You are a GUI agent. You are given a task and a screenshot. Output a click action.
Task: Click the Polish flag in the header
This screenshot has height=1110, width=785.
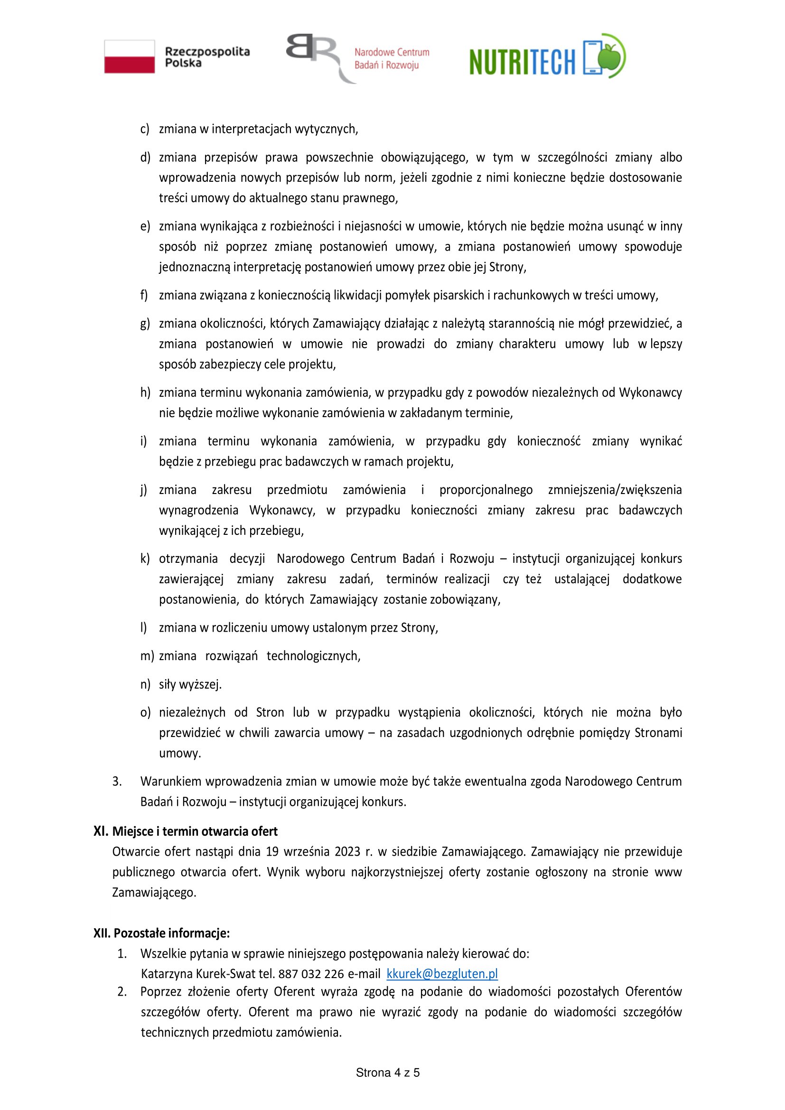coord(130,56)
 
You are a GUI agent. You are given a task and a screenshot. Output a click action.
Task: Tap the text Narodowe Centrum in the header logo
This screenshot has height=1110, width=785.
coord(392,52)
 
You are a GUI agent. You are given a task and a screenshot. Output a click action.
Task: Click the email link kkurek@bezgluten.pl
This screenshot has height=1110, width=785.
coord(442,973)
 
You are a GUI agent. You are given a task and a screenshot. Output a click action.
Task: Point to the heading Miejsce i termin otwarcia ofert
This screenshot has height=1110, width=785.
coord(195,831)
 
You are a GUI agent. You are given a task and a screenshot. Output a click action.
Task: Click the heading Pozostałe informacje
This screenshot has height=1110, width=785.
coord(171,933)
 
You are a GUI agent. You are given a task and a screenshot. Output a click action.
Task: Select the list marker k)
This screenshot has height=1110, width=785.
coord(145,559)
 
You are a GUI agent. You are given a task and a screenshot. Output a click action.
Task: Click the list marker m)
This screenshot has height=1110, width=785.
coord(147,655)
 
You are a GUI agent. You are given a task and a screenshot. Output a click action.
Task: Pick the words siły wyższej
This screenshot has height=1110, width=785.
coord(190,684)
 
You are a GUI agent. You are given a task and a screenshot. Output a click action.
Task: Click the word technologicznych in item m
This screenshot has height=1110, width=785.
coord(313,655)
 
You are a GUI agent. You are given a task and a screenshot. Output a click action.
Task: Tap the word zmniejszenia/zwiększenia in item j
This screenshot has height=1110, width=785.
coord(615,490)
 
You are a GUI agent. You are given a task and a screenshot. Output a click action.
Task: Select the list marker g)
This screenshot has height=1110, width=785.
coord(145,324)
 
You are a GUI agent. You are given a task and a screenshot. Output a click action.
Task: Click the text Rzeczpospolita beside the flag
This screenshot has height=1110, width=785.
coord(207,51)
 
